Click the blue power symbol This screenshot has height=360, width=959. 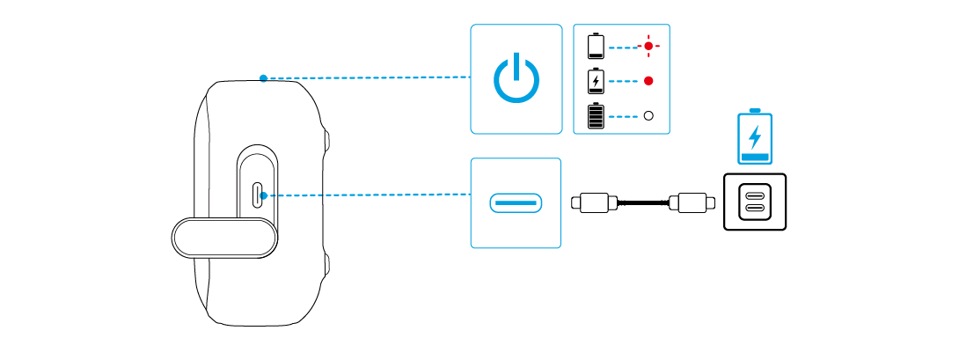(516, 79)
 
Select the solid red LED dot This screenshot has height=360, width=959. (649, 81)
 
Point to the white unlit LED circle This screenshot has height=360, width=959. (649, 115)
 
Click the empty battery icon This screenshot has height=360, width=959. (597, 45)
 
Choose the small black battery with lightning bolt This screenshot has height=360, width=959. (597, 81)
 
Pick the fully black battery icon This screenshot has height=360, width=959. (597, 115)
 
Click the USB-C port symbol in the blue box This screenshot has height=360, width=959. (516, 203)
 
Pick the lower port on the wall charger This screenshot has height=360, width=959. (755, 209)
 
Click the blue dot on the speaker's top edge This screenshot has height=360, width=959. (263, 78)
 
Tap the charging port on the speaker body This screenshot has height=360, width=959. (256, 195)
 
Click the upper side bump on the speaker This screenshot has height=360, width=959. (326, 139)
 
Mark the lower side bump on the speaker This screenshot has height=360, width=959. (326, 262)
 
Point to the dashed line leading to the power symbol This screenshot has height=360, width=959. (370, 77)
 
